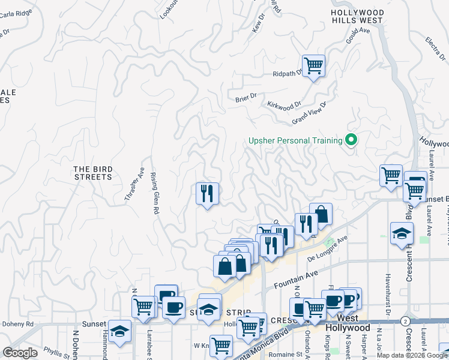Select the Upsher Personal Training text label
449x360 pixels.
(295, 141)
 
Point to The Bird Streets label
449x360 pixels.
(93, 173)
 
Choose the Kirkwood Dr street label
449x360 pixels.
(284, 106)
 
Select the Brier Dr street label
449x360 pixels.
(246, 96)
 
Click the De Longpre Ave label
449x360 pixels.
(328, 248)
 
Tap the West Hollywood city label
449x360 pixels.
(348, 323)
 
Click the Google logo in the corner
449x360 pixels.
(20, 353)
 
